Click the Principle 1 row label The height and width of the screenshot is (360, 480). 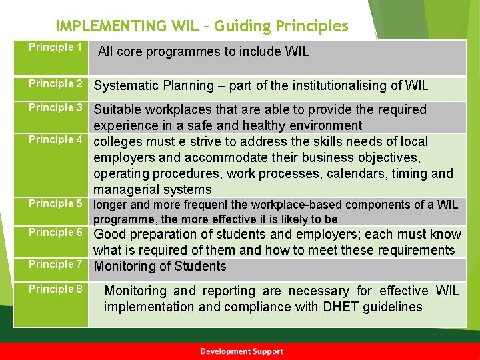click(55, 47)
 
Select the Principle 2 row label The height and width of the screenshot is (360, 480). click(55, 84)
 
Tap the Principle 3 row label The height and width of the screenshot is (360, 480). click(55, 108)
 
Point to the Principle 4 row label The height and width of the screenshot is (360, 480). click(55, 140)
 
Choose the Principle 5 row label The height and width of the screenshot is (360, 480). click(55, 204)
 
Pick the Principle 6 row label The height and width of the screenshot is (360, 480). click(55, 233)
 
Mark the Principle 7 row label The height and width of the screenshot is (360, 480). click(55, 265)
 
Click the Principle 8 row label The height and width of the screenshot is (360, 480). click(55, 289)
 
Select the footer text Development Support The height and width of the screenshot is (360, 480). click(241, 351)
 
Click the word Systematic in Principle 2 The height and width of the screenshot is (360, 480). click(126, 85)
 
